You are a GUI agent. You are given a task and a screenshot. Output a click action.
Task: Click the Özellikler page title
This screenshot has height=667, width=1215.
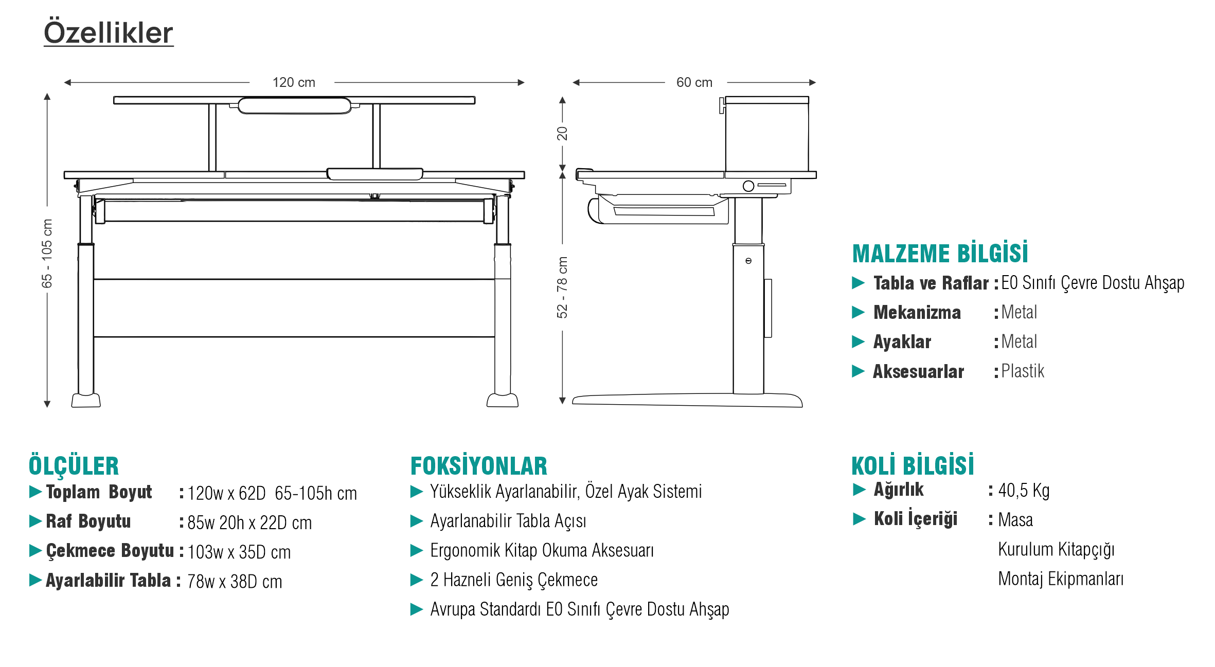coord(108,33)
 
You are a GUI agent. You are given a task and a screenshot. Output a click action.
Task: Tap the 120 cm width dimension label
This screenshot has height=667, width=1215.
coord(293,82)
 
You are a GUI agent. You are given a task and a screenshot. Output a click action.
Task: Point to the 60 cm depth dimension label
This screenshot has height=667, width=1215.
coord(694,82)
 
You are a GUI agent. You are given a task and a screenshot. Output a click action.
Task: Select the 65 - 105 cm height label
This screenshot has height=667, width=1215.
coord(47,253)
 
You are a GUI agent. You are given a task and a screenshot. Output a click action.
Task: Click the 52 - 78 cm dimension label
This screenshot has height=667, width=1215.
coord(562,287)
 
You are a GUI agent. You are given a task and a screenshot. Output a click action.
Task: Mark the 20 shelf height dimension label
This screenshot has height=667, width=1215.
coord(562,133)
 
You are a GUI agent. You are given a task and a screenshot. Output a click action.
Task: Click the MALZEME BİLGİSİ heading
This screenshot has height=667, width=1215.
coord(940,254)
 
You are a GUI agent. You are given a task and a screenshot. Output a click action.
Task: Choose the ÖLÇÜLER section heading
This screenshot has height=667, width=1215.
coord(74,466)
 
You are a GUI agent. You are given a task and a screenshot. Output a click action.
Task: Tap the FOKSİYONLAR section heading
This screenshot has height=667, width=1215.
coord(478,466)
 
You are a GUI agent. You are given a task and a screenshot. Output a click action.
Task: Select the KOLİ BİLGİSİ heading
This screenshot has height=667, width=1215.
coord(913,465)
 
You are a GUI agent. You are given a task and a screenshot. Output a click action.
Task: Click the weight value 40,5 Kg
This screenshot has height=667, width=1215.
coord(1023,491)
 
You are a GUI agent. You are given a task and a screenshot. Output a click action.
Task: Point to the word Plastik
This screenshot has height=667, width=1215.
coord(1022,371)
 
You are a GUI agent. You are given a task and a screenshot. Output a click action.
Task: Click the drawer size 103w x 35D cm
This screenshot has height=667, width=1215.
coord(239,552)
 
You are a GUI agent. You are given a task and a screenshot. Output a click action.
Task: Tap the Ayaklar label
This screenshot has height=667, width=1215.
coord(902,342)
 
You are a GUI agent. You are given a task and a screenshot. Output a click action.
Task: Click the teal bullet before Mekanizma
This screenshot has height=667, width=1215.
coord(858,312)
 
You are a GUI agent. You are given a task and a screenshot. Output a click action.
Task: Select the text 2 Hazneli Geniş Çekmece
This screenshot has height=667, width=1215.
coord(513,580)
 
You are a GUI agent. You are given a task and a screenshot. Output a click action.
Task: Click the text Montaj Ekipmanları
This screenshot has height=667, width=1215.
coord(1060,579)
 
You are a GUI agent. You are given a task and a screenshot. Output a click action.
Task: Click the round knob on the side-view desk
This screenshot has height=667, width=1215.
coord(748,186)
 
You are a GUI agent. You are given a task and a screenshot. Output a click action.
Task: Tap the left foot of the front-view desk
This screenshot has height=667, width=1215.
coord(86,400)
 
